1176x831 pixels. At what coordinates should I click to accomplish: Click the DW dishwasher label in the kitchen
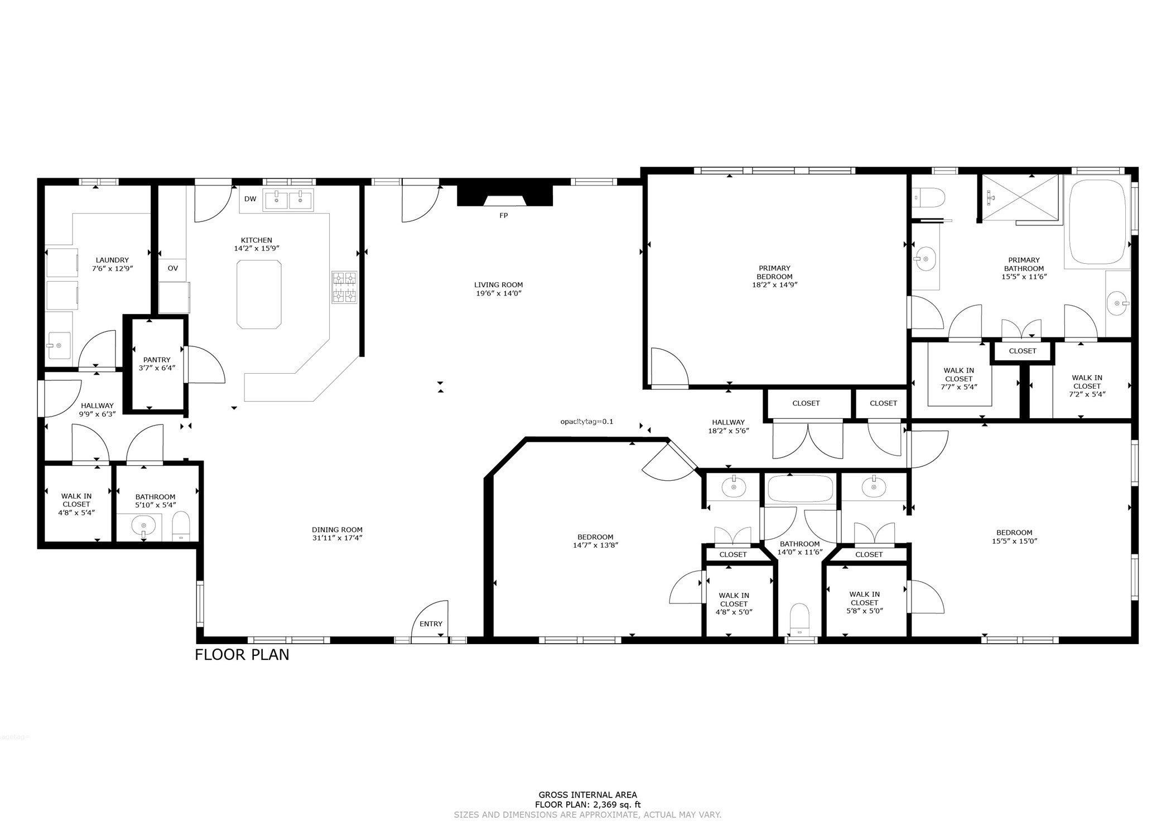[x=250, y=199]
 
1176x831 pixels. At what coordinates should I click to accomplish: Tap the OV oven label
[x=173, y=268]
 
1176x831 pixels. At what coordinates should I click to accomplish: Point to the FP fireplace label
[x=504, y=215]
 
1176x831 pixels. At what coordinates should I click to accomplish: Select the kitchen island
[x=259, y=294]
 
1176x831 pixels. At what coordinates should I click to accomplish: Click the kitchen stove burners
[x=344, y=287]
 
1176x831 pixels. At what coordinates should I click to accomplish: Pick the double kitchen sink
[x=289, y=199]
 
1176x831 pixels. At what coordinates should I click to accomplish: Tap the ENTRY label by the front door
[x=431, y=624]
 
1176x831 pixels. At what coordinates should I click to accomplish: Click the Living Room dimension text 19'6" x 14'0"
[x=498, y=293]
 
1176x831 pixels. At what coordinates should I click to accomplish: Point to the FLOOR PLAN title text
[x=242, y=654]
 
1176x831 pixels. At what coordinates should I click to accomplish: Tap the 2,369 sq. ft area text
[x=612, y=804]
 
